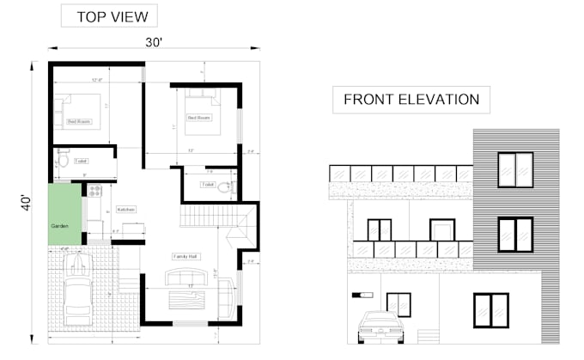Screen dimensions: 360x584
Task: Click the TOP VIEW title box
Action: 108,17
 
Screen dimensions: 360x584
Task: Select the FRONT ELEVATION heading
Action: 411,100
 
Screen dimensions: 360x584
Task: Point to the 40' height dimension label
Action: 26,204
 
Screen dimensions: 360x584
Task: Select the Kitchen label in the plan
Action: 126,209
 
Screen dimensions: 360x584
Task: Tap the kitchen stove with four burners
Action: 94,190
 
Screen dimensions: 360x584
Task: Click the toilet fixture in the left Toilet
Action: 62,160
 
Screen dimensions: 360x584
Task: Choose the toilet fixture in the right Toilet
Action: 225,186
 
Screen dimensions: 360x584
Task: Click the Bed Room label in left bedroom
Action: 79,122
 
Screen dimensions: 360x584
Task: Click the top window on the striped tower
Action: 515,169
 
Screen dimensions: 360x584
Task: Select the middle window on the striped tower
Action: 515,235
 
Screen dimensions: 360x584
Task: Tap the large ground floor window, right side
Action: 490,310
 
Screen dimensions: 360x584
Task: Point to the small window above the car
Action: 398,303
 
